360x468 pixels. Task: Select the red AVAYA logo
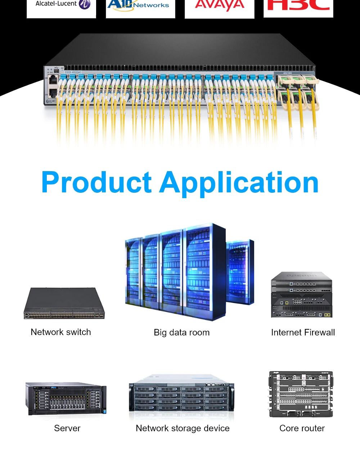[219, 5]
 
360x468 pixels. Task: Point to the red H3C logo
[298, 5]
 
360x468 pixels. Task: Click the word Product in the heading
[97, 183]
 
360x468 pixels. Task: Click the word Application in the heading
[239, 183]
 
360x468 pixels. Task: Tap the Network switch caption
[61, 332]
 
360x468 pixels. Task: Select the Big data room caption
[181, 332]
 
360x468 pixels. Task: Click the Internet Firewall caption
[303, 332]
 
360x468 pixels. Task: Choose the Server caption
[67, 428]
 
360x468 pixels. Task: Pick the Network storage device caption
[183, 428]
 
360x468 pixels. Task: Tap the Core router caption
[302, 428]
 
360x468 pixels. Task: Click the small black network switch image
[64, 303]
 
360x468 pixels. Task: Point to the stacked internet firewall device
[301, 295]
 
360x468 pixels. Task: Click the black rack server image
[66, 398]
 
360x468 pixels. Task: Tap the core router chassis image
[301, 394]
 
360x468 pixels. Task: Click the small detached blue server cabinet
[240, 272]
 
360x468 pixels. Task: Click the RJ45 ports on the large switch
[53, 86]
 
